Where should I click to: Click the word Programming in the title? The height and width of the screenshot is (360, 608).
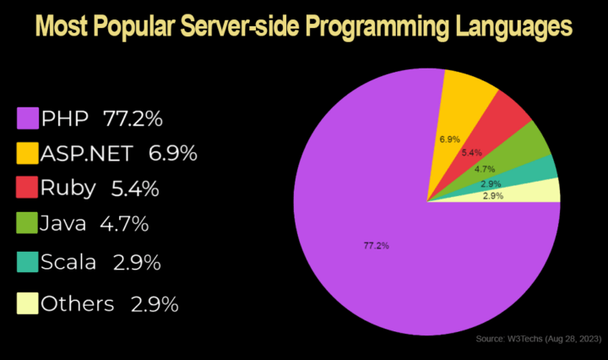[380, 28]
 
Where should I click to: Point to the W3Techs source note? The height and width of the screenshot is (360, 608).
[537, 339]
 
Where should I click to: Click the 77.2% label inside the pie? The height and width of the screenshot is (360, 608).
[376, 246]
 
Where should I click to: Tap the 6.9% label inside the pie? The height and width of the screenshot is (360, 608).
[449, 138]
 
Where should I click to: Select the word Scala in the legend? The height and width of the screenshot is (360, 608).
[68, 263]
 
